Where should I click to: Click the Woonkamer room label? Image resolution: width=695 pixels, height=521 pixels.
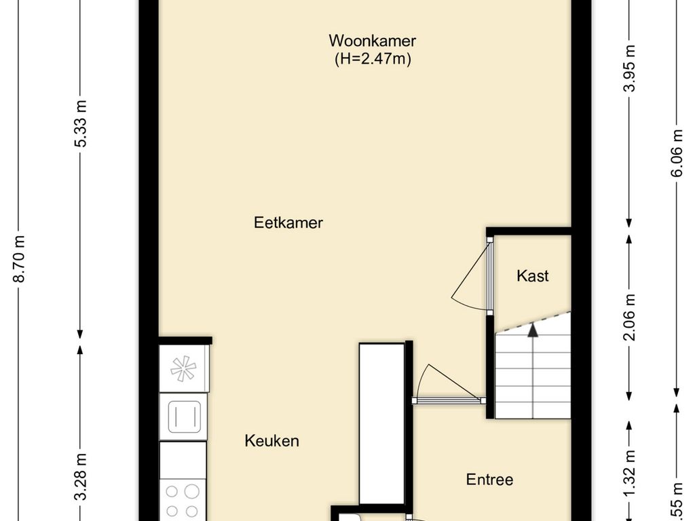point(373,41)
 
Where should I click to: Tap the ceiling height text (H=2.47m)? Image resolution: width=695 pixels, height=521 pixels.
point(373,58)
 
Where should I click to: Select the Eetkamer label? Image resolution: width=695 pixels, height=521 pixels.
point(288,223)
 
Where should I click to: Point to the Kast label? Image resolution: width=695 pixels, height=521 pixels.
point(532,276)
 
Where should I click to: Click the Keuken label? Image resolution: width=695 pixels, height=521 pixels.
point(271,441)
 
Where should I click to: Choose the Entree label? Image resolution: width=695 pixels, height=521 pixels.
point(490,480)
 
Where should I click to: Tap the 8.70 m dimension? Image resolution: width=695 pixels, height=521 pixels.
point(20,258)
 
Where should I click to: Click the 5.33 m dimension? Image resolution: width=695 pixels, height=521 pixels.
point(81,123)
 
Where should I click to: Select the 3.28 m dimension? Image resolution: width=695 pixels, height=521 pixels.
point(81,476)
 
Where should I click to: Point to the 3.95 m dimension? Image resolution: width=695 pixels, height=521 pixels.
point(629,68)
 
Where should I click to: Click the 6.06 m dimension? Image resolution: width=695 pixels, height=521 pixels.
point(677,153)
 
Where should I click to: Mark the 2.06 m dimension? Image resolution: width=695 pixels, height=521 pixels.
point(629,317)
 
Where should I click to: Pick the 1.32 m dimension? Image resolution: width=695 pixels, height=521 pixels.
point(629,473)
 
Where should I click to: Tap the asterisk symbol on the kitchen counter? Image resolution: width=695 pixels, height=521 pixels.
point(183,368)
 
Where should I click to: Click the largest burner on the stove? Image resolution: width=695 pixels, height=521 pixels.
point(191,491)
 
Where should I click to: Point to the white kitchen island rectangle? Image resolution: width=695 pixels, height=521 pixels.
point(382,423)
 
